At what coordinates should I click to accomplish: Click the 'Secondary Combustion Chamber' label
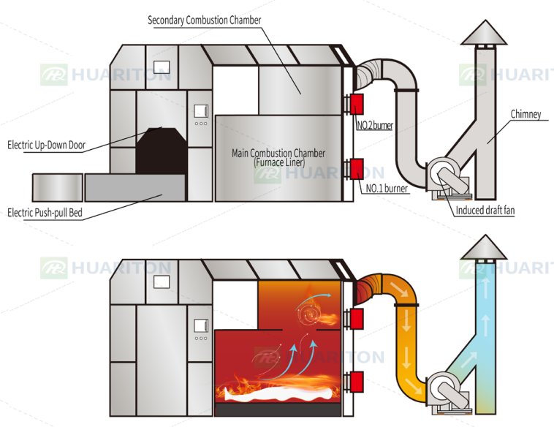tap(204, 20)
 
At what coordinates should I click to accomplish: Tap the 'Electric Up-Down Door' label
tap(46, 145)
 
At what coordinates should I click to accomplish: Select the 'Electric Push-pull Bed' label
tap(45, 213)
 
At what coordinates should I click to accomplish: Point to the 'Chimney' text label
tap(525, 114)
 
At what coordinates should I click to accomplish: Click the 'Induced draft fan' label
tap(485, 211)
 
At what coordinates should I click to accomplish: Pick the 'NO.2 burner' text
tap(375, 125)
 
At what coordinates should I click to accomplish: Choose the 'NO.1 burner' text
tap(387, 189)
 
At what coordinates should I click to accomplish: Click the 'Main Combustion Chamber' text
tap(278, 153)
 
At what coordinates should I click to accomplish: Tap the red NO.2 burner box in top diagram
tap(357, 104)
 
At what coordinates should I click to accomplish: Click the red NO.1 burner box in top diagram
tap(357, 169)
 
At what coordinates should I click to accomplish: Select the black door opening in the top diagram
tap(162, 151)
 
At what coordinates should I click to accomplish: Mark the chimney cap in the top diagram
tap(484, 32)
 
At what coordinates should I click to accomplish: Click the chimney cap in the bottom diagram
tap(484, 247)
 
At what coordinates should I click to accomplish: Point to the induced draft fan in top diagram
tap(448, 178)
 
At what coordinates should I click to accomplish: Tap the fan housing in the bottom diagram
tap(448, 392)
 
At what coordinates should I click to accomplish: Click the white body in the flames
tap(279, 393)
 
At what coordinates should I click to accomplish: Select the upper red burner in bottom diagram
tap(357, 319)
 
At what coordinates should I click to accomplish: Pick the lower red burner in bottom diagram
tap(357, 382)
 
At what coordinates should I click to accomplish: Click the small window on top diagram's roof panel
tap(162, 67)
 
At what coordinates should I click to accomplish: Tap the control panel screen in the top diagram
tap(201, 111)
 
